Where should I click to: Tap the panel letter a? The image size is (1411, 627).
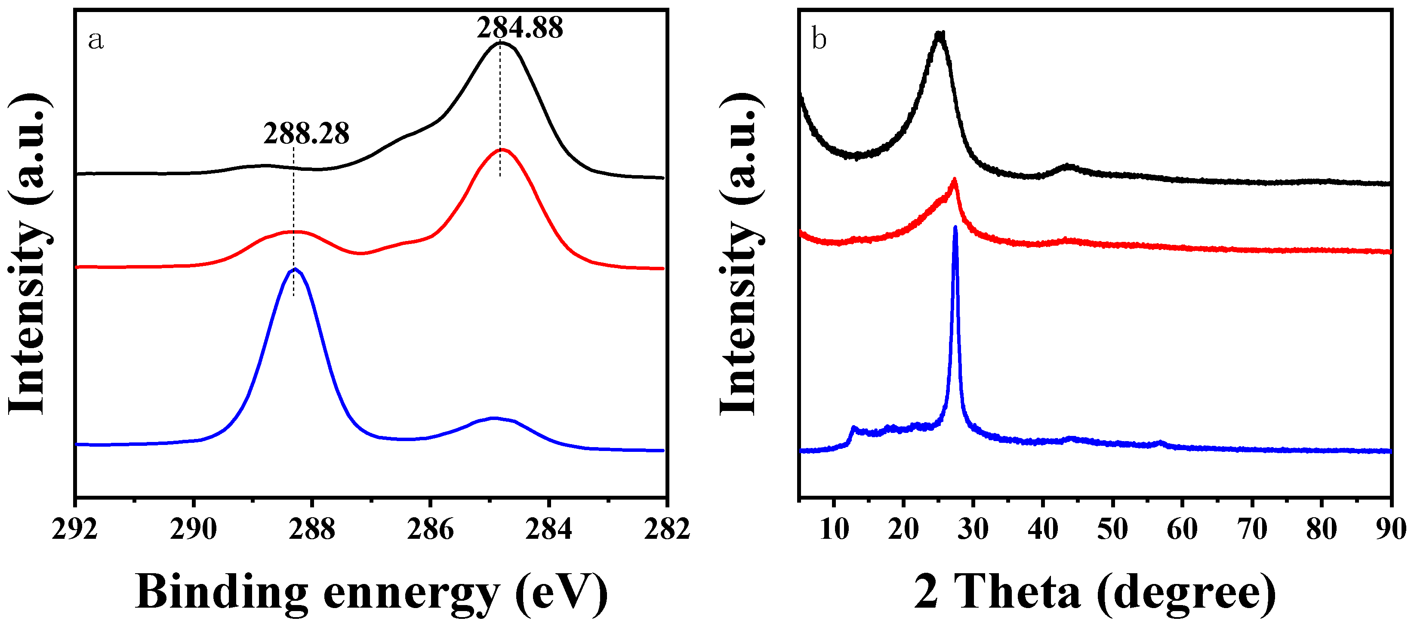tap(96, 40)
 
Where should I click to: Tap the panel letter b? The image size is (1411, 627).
tap(819, 40)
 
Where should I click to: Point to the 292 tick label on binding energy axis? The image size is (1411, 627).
tap(74, 529)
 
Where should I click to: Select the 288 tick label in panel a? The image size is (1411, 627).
tap(311, 529)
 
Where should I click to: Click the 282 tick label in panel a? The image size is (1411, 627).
tap(666, 529)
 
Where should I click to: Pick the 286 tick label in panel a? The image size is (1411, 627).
tap(430, 529)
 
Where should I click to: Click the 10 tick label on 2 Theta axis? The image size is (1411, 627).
tap(834, 529)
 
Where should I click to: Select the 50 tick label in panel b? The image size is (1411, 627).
tap(1112, 529)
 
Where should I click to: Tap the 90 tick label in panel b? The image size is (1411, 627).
tap(1391, 529)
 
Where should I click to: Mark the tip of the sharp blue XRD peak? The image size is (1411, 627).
tap(955, 227)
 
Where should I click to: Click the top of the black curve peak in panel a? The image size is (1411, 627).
tap(500, 43)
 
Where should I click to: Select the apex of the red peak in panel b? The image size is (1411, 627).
tap(954, 179)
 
